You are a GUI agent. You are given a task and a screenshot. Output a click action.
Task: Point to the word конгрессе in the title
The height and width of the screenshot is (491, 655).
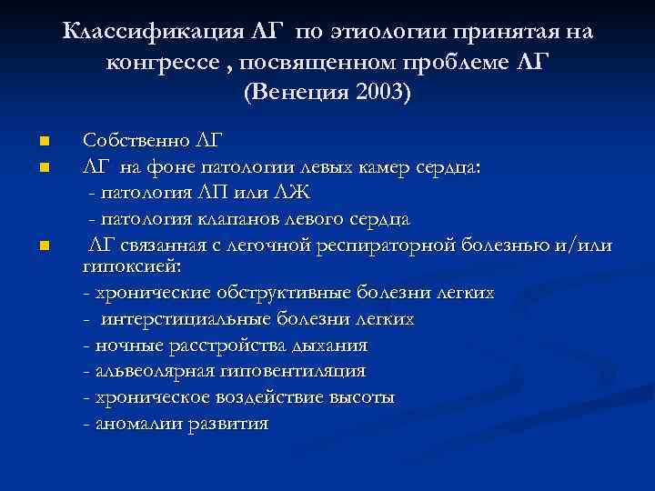pyautogui.click(x=162, y=63)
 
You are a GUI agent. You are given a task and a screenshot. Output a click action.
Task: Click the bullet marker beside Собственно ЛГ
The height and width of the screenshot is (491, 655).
pyautogui.click(x=45, y=142)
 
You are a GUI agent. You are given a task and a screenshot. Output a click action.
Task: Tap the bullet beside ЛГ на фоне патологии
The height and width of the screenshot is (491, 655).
pyautogui.click(x=45, y=168)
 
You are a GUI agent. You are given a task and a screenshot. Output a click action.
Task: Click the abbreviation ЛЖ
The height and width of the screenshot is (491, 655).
pyautogui.click(x=295, y=193)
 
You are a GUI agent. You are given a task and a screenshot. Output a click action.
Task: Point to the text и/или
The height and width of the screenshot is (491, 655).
pyautogui.click(x=589, y=245)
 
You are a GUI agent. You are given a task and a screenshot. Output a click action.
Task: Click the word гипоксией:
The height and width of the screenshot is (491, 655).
pyautogui.click(x=132, y=266)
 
